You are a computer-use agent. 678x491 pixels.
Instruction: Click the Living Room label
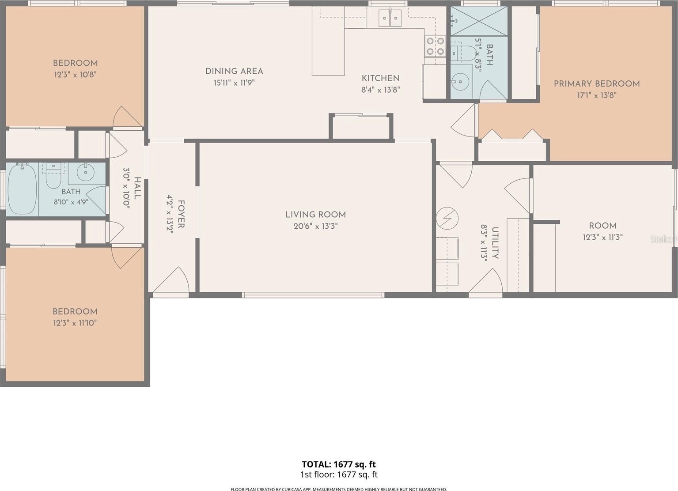315,215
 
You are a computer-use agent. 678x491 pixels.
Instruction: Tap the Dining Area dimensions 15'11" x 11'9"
234,83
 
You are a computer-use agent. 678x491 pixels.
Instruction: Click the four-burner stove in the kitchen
435,45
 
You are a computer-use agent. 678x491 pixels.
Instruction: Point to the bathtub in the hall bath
23,189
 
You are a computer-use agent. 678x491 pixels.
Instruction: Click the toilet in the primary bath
462,54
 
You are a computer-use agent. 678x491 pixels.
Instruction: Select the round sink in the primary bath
460,81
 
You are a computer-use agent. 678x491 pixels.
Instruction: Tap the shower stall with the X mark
479,21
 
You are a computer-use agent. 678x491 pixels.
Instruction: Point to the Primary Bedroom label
597,84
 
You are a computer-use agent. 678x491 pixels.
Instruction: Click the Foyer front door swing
171,280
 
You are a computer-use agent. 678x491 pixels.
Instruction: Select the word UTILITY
495,243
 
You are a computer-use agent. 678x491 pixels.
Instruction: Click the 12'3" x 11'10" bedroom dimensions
75,323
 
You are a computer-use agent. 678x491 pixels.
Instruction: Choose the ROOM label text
602,226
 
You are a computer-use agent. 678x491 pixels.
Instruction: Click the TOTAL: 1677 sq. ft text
339,464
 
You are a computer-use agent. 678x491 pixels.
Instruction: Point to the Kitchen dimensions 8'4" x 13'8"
380,90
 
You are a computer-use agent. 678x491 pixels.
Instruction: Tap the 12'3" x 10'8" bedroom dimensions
75,75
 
